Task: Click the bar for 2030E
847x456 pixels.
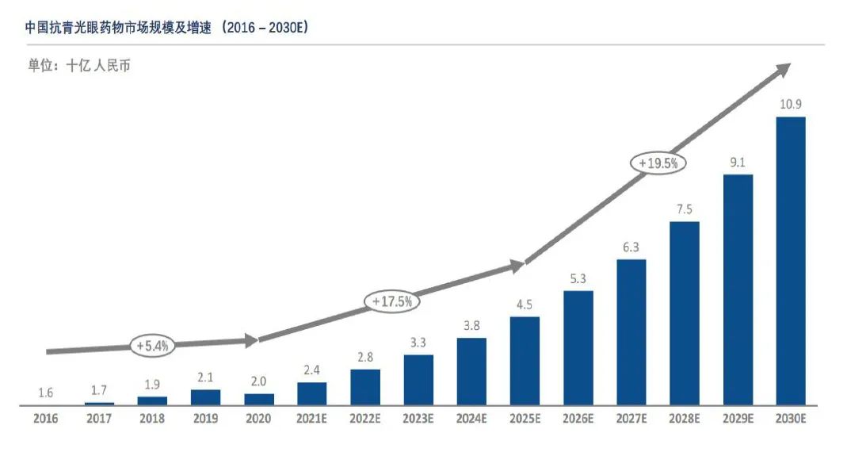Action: [x=790, y=261]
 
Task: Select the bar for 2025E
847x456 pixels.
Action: [x=525, y=361]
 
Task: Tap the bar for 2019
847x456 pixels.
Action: [x=206, y=397]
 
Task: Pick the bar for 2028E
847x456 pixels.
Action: [x=684, y=313]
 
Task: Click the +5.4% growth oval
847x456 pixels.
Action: [x=153, y=346]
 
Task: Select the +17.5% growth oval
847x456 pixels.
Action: [x=391, y=301]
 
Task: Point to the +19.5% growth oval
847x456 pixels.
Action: [x=658, y=163]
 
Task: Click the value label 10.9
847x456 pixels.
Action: [x=790, y=105]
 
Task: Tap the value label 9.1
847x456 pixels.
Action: [x=738, y=162]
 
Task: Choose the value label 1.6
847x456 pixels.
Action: [x=47, y=393]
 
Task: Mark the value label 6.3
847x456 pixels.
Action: [x=631, y=247]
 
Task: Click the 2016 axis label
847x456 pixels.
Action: [x=47, y=419]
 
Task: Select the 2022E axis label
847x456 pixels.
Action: [x=365, y=419]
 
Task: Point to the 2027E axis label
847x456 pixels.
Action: [x=631, y=419]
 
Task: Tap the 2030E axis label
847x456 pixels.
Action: [x=790, y=419]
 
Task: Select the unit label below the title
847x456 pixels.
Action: [x=79, y=66]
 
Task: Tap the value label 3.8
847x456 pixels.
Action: [x=471, y=326]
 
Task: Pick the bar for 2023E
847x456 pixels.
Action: [x=418, y=380]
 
